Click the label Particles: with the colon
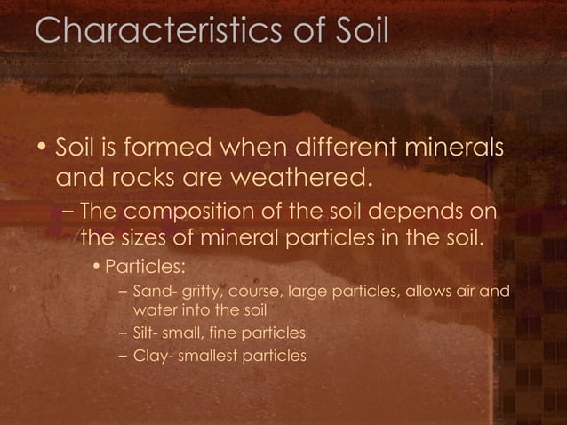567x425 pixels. [145, 267]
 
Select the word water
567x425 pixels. [153, 310]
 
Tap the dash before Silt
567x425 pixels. [122, 333]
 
